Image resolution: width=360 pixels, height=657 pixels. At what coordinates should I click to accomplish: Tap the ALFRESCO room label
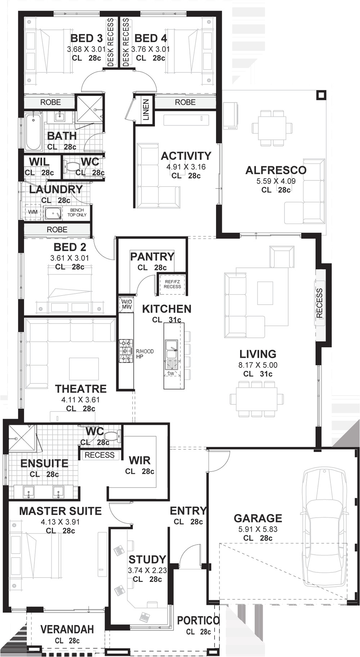point(276,170)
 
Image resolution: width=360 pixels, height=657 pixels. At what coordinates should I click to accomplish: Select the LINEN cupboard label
point(146,110)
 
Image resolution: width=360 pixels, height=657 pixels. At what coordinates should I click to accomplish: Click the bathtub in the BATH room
point(33,131)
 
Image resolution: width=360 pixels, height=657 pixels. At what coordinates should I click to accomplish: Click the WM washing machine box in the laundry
point(33,212)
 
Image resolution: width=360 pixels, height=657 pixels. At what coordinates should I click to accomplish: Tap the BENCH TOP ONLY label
point(77,212)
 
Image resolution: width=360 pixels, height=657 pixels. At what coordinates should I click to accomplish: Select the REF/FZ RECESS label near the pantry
point(172,284)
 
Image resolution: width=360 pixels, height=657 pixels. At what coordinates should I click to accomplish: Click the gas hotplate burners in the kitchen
point(126,351)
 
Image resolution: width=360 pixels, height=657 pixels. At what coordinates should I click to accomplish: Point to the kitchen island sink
point(171,348)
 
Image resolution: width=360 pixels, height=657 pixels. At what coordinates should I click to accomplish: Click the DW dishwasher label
point(171,374)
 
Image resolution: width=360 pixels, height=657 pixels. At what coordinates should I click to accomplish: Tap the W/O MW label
point(126,304)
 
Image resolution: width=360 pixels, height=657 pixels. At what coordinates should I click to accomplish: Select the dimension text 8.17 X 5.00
point(258,365)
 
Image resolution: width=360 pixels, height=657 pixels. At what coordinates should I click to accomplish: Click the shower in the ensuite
point(22,438)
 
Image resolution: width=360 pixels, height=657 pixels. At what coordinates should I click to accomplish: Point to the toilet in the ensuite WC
point(113,436)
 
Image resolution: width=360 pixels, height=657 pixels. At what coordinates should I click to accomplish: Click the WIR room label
point(140,460)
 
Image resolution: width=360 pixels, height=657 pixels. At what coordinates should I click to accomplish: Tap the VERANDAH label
point(67,629)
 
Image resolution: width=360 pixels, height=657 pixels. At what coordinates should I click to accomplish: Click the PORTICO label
point(198,620)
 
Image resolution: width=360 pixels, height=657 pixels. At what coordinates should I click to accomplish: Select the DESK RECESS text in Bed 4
point(126,42)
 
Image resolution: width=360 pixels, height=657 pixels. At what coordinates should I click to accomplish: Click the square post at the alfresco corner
point(321,95)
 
